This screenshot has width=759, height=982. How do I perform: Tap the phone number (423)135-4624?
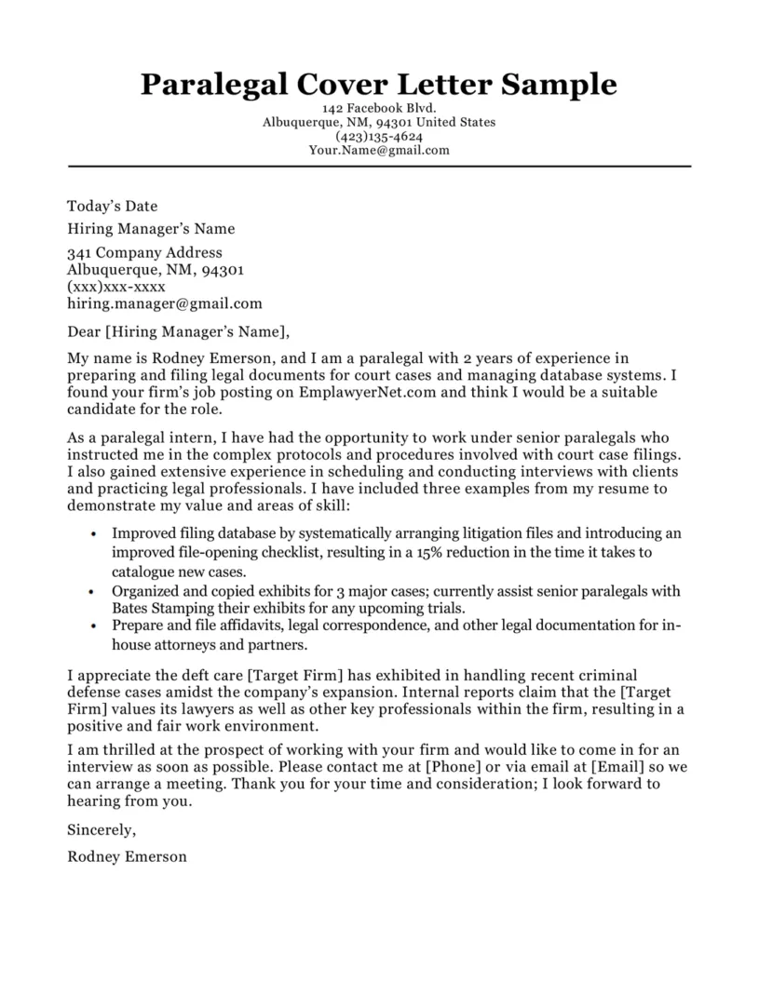[x=379, y=136]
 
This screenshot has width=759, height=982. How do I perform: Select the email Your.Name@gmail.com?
[x=379, y=150]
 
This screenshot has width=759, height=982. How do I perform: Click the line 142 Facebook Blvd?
[x=379, y=109]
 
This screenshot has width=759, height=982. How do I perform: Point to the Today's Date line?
[x=113, y=206]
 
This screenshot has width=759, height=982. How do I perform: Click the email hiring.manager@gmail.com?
[x=165, y=303]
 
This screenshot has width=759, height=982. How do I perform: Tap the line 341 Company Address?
[x=144, y=252]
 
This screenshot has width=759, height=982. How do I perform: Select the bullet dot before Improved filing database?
[x=94, y=535]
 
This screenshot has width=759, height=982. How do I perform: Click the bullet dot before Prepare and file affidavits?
[x=94, y=626]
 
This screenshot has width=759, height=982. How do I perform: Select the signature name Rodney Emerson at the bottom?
[x=127, y=855]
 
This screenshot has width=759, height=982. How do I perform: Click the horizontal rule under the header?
[x=379, y=167]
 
